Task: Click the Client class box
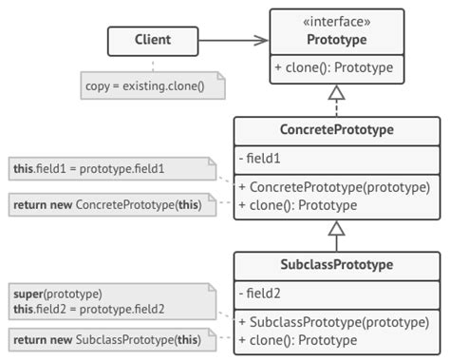click(153, 41)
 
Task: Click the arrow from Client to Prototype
click(233, 41)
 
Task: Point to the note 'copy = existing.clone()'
click(153, 85)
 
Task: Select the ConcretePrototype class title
click(337, 130)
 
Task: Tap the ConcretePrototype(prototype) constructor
click(339, 186)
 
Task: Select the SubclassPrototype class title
click(337, 265)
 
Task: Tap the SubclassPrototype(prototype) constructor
click(339, 321)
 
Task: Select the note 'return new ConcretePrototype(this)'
click(106, 204)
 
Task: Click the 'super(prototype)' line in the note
click(57, 293)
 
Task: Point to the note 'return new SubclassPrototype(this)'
click(106, 339)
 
